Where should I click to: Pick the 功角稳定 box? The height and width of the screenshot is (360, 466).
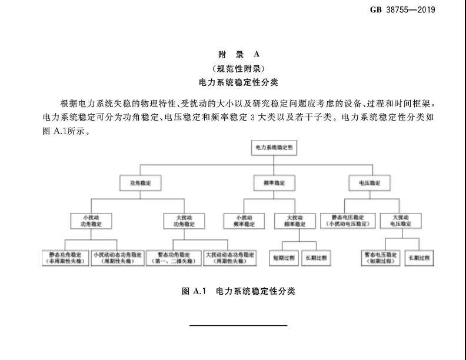pyautogui.click(x=140, y=183)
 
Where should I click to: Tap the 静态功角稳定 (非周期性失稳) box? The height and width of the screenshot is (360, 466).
pyautogui.click(x=66, y=258)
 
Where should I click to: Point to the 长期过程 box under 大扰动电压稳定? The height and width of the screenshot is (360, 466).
pyautogui.click(x=419, y=258)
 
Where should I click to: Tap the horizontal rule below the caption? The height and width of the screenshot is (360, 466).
pyautogui.click(x=238, y=325)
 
